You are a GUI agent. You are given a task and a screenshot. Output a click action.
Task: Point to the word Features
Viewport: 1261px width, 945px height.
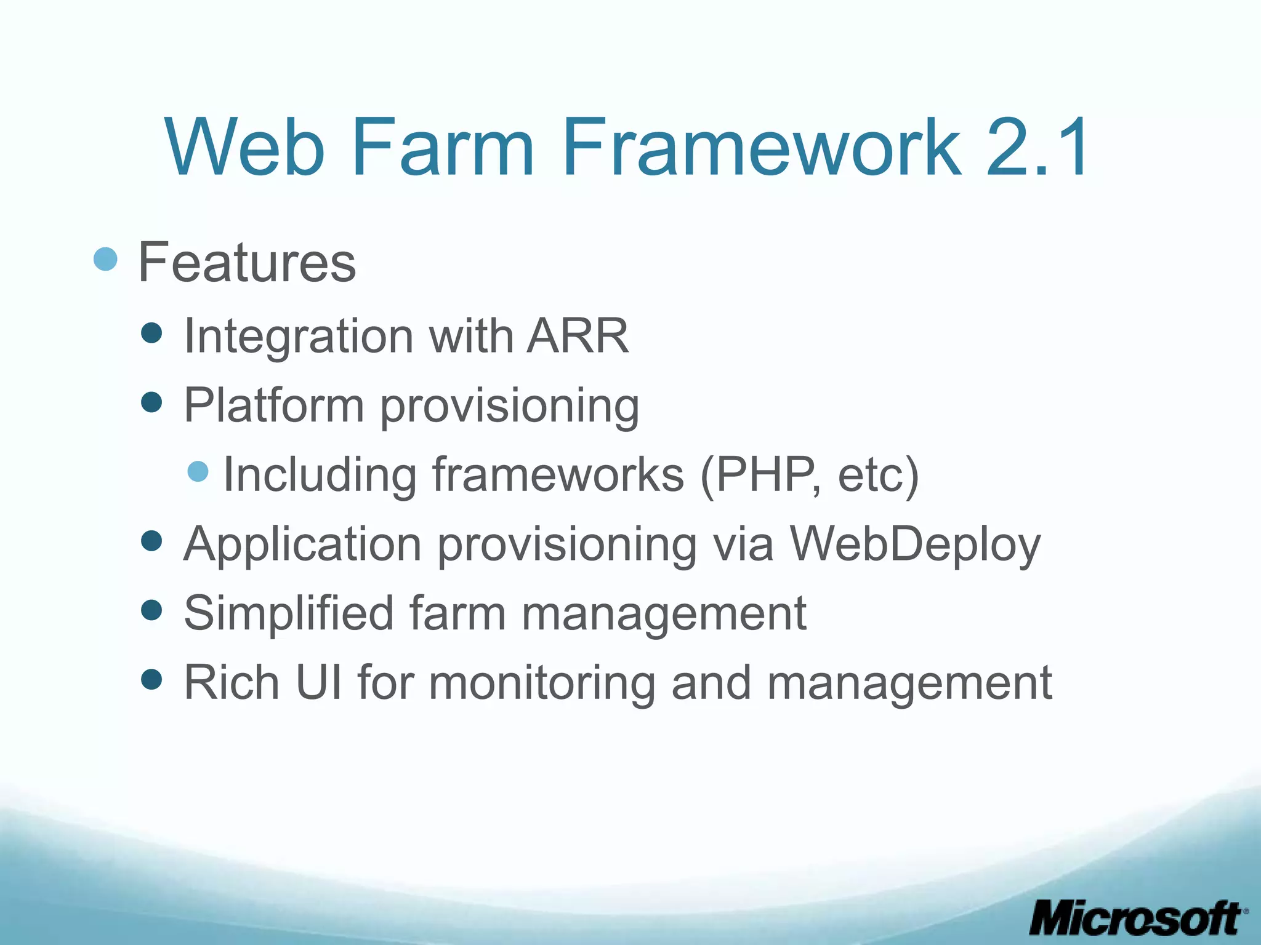[x=247, y=263]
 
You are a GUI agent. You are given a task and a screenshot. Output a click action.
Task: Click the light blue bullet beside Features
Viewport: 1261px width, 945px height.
[x=105, y=259]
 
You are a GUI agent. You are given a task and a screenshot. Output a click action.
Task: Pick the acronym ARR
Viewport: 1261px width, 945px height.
[x=578, y=336]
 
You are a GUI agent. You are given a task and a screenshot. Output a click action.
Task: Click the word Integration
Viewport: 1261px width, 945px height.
[x=298, y=337]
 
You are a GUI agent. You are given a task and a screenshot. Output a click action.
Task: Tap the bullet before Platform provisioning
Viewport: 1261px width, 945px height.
[x=151, y=403]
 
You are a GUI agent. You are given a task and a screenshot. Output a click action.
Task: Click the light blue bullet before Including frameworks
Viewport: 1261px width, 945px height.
[x=198, y=472]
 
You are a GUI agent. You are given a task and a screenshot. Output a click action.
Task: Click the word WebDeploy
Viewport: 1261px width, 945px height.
[x=915, y=545]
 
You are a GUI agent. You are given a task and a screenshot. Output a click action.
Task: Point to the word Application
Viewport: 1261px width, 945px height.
[x=302, y=545]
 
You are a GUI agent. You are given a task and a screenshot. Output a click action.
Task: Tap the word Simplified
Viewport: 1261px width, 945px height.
[x=289, y=613]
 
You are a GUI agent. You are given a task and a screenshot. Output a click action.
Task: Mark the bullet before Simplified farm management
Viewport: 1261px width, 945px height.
[x=151, y=610]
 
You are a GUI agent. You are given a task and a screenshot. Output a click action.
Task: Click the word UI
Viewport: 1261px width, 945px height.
[x=318, y=682]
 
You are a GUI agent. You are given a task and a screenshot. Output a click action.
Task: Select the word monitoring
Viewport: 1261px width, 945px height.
[x=542, y=684]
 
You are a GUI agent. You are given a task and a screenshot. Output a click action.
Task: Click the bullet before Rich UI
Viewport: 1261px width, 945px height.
[x=151, y=680]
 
